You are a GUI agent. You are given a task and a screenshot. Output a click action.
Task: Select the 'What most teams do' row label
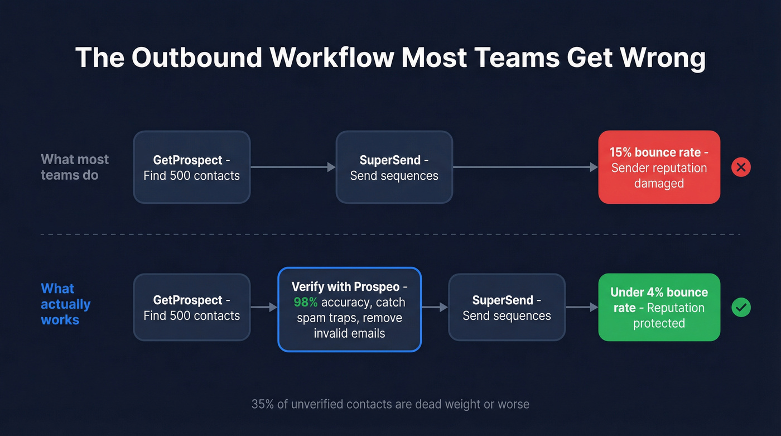point(75,167)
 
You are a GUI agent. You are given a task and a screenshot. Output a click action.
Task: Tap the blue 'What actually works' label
point(65,304)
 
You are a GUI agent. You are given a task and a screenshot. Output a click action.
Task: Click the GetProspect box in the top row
point(191,167)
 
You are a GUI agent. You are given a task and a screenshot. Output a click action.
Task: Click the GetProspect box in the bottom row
point(191,307)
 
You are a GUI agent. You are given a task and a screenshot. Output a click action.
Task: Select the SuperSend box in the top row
point(394,167)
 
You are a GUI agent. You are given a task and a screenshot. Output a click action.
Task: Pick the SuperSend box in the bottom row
point(507,307)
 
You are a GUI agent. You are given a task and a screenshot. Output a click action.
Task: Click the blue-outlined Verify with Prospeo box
point(349,310)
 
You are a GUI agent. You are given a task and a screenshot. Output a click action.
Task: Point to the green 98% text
point(306,303)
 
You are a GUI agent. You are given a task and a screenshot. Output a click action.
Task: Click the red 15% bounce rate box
point(659,167)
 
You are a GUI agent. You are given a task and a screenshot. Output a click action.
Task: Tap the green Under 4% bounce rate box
point(659,307)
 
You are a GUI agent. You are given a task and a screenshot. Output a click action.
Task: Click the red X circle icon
point(741,167)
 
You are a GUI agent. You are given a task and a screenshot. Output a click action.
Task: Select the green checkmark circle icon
point(741,307)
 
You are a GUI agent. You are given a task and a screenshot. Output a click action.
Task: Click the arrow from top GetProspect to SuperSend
point(293,167)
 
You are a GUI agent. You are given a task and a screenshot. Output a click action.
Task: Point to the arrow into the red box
point(525,167)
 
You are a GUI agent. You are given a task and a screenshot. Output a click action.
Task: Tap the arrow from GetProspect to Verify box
point(264,307)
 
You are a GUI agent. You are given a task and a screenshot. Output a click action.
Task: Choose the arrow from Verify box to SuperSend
point(435,307)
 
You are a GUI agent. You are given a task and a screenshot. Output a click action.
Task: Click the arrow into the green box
point(581,307)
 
